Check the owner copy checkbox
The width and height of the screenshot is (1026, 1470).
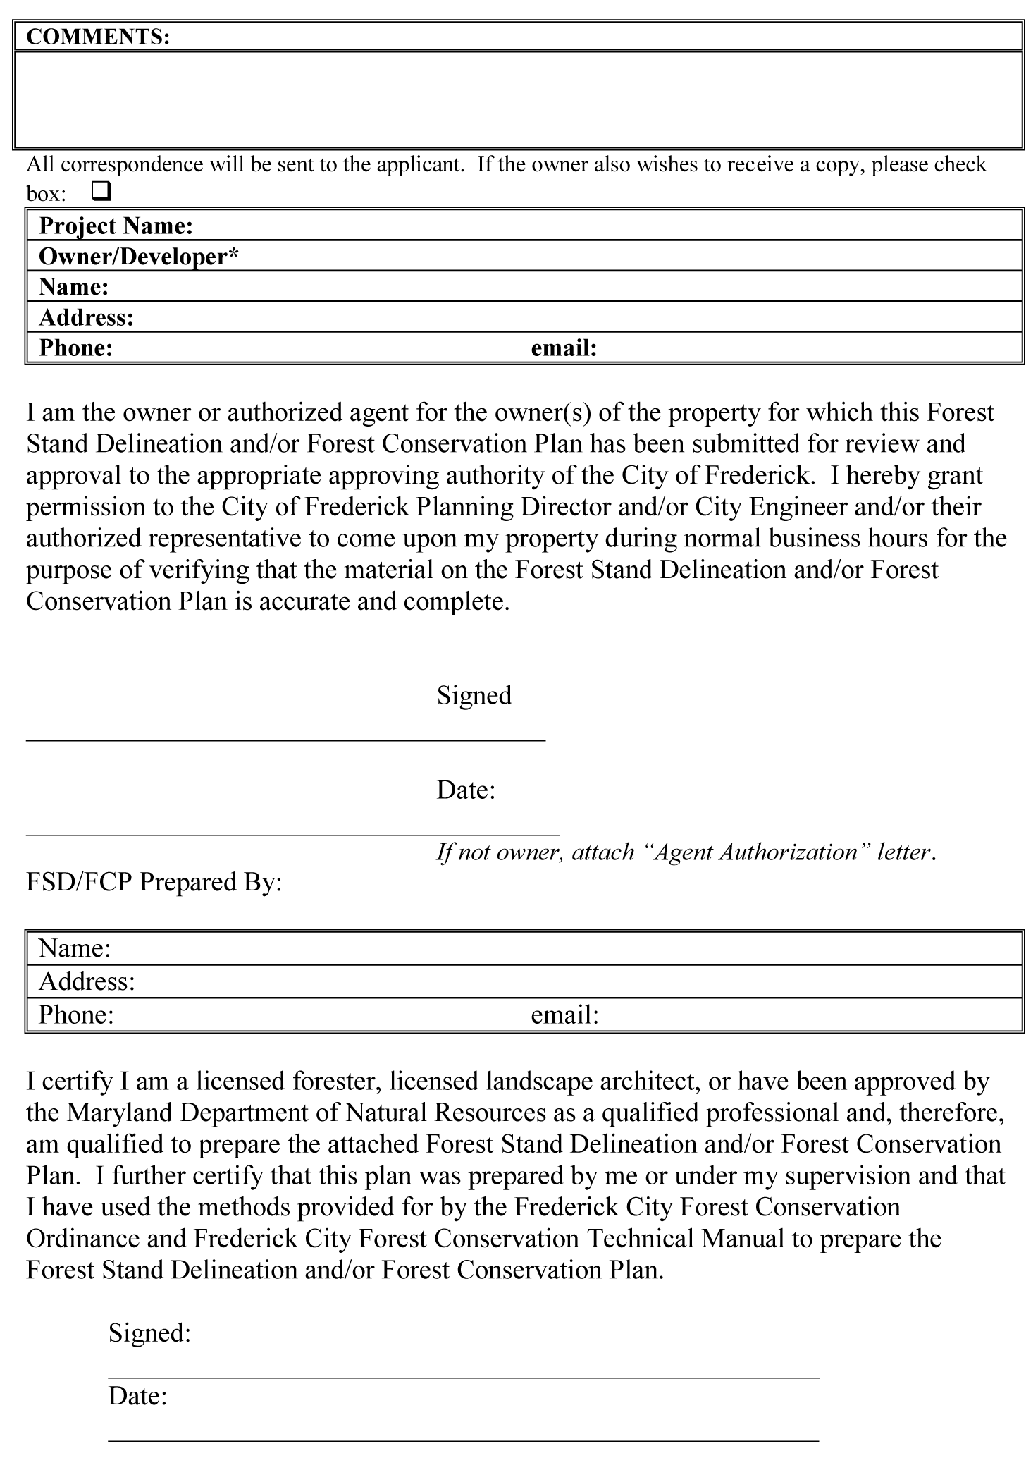click(101, 191)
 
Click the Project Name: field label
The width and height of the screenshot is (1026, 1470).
click(116, 226)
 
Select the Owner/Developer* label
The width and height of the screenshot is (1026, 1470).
click(139, 257)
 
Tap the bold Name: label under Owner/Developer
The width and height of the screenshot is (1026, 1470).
click(74, 287)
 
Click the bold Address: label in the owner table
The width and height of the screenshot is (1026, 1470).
click(87, 318)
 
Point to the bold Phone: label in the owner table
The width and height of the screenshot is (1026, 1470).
click(76, 348)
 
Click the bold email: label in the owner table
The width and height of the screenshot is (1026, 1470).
click(564, 348)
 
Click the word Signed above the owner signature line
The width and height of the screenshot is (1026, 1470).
click(474, 696)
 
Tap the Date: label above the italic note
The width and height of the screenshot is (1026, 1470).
click(466, 790)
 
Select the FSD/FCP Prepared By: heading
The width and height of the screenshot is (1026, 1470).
click(154, 882)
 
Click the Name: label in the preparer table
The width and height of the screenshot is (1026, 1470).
click(75, 948)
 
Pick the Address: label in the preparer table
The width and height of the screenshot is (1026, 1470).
click(87, 981)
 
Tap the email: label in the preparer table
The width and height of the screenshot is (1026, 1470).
click(564, 1015)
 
